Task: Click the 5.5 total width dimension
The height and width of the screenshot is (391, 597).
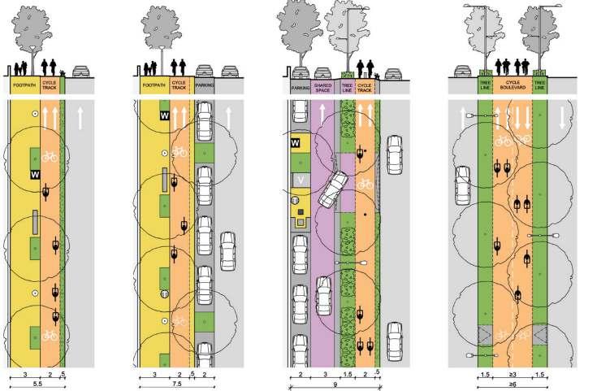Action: point(37,383)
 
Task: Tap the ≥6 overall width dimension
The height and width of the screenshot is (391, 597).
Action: point(511,383)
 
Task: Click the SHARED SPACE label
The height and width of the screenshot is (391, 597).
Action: point(322,85)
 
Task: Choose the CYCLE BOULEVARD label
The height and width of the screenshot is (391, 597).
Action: point(512,85)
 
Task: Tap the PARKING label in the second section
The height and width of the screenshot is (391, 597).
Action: point(204,84)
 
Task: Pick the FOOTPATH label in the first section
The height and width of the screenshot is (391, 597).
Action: point(24,84)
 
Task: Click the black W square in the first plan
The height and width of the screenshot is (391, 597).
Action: point(35,175)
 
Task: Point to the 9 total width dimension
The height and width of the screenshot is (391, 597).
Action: point(335,384)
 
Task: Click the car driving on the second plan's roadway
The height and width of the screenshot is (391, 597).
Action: point(229,249)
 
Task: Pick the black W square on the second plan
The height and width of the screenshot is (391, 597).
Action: point(165,116)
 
